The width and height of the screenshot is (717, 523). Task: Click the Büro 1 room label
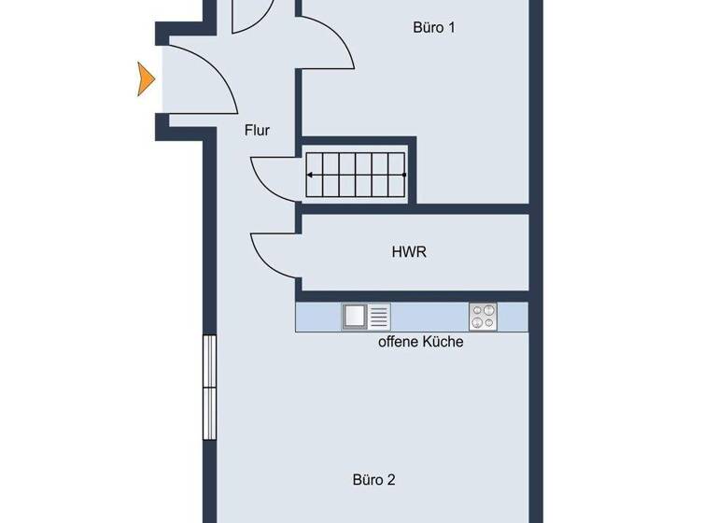[x=433, y=27]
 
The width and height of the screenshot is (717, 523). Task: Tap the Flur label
[x=257, y=131]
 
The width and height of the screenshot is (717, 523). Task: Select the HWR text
[x=409, y=251]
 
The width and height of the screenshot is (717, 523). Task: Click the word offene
[x=399, y=342]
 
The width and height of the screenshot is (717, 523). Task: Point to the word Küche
[x=443, y=342]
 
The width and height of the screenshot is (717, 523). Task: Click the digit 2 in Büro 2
[x=391, y=480]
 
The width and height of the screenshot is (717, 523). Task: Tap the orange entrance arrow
[x=145, y=78]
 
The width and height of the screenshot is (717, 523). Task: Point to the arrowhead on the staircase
[x=312, y=175]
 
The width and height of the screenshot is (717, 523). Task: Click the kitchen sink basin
[x=355, y=317]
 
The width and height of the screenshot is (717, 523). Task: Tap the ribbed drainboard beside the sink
[x=379, y=317]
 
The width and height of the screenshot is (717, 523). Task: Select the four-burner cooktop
[x=483, y=317]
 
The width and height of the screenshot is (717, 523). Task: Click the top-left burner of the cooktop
[x=476, y=310]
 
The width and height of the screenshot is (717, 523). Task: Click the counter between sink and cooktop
[x=429, y=317]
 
